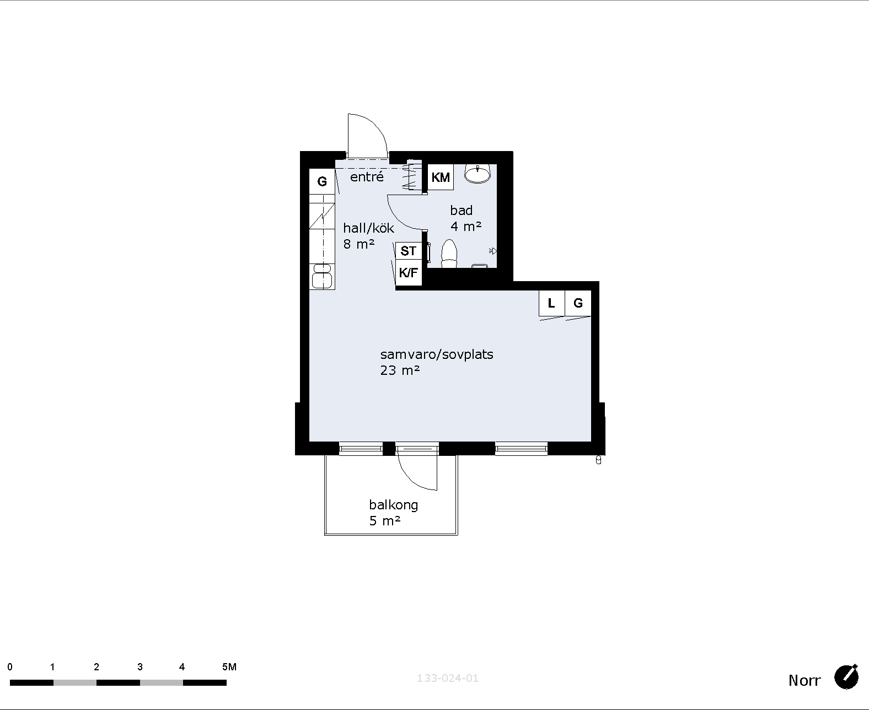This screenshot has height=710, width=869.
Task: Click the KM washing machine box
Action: click(x=441, y=177)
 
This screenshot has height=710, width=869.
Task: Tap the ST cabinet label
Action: click(x=409, y=251)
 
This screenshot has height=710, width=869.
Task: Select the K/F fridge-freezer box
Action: click(x=409, y=272)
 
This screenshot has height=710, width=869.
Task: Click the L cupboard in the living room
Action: click(x=552, y=304)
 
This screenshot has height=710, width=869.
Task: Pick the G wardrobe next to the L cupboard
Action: click(x=578, y=304)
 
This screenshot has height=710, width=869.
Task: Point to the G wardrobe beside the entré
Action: click(x=322, y=181)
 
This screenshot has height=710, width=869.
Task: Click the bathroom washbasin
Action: click(x=478, y=174)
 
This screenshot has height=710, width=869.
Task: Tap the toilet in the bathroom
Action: click(x=449, y=254)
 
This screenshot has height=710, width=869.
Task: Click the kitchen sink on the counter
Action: click(x=322, y=276)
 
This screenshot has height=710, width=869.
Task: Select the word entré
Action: click(x=367, y=177)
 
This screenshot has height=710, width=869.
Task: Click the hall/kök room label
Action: click(x=368, y=228)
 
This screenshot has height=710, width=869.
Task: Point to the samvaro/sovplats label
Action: click(x=437, y=354)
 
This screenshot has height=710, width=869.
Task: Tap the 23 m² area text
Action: click(x=400, y=370)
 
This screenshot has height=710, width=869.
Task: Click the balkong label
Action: click(x=394, y=505)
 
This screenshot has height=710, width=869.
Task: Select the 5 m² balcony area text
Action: click(x=385, y=521)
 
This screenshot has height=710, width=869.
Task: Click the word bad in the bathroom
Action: click(x=461, y=211)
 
